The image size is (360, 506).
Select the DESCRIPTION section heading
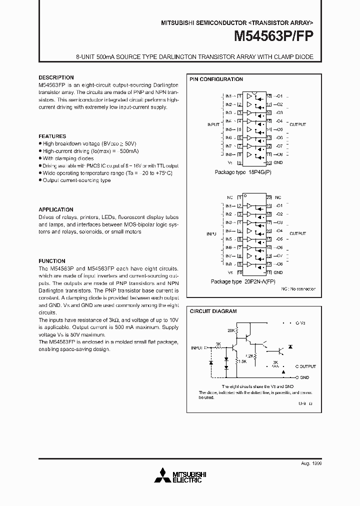pos(56,77)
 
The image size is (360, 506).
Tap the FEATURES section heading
pos(52,136)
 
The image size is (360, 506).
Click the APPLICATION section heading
pos(56,209)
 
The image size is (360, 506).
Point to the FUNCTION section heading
pos(52,261)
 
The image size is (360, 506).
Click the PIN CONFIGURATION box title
pos(216,79)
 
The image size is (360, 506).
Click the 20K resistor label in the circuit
pos(231,331)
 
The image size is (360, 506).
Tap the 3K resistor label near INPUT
pos(218,343)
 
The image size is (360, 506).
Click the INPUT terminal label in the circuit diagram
pos(198,347)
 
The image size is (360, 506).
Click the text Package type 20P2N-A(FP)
pos(242,281)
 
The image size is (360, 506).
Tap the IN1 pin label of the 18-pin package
pos(228,96)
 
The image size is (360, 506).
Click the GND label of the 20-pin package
pos(278,272)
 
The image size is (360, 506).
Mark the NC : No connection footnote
pos(298,288)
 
